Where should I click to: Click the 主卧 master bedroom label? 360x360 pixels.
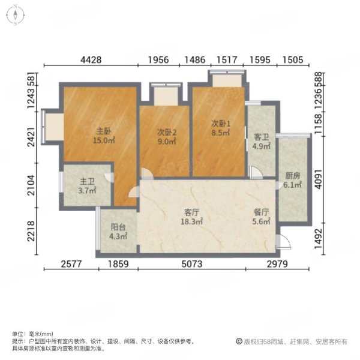point(101,131)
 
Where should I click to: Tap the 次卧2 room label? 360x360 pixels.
point(166,133)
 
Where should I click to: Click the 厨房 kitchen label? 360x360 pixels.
point(293,176)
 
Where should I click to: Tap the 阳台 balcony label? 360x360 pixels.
point(118,227)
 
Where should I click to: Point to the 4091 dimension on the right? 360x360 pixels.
point(322,176)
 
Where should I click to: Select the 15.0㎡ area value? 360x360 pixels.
point(101,141)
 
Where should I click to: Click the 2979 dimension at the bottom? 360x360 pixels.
point(278,265)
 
